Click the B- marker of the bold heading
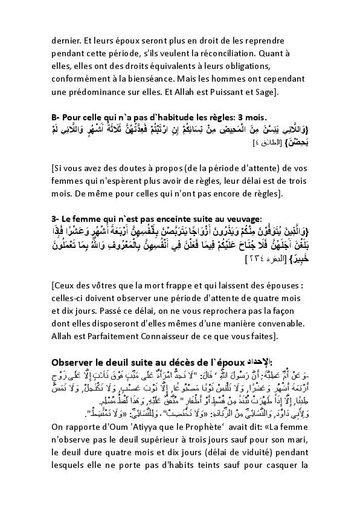click(57, 116)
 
